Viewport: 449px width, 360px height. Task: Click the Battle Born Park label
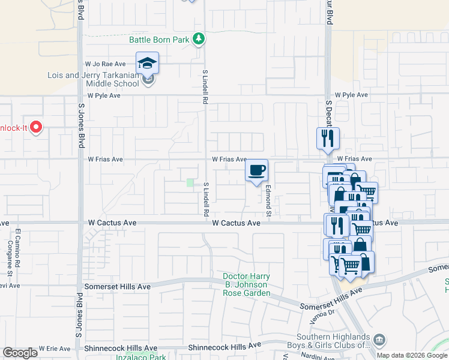(x=160, y=40)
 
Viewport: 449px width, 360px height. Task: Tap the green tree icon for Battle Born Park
(x=199, y=40)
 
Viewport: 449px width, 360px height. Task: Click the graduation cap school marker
(x=148, y=62)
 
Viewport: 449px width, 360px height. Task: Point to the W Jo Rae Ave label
(x=105, y=64)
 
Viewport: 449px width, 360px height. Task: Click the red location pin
(x=35, y=127)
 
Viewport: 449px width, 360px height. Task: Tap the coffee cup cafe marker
(x=256, y=170)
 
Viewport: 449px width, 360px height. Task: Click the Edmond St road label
(x=270, y=201)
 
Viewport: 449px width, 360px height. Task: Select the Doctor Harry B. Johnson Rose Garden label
(x=246, y=285)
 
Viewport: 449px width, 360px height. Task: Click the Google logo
(x=20, y=353)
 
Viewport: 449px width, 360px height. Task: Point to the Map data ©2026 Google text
(x=411, y=355)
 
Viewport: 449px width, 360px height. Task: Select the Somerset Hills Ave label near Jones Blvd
(x=118, y=287)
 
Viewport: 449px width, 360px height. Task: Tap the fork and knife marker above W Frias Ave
(x=328, y=138)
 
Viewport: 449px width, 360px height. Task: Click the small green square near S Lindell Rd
(x=190, y=183)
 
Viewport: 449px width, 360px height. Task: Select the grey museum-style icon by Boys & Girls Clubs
(x=379, y=340)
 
